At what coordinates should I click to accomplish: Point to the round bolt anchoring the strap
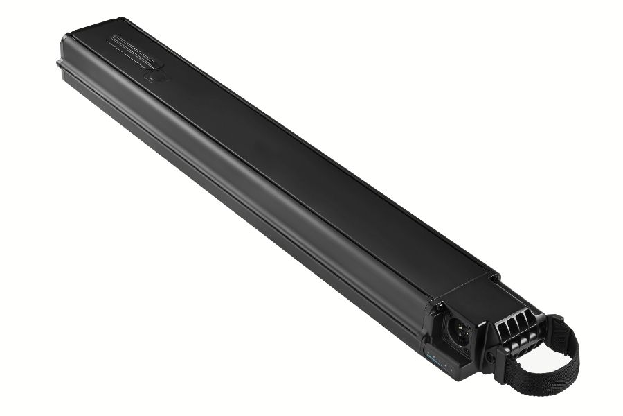point(492,356)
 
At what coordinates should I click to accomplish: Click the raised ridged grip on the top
point(134,53)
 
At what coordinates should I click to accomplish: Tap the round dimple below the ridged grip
point(153,78)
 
